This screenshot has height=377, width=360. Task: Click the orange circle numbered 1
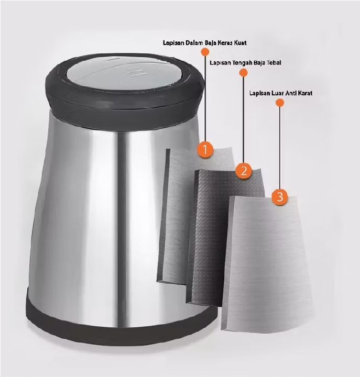[x=205, y=149]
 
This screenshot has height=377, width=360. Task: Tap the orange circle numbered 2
[x=244, y=171]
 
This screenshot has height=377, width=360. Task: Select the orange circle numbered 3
[x=280, y=197]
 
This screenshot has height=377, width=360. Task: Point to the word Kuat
[x=240, y=43]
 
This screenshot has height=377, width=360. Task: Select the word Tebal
[x=274, y=63]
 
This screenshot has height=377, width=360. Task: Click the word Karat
[x=305, y=93]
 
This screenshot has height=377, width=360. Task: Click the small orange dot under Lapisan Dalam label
[x=204, y=52]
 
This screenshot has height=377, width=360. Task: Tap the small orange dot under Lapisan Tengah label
[x=244, y=72]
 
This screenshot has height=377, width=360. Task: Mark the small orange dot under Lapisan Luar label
[x=280, y=103]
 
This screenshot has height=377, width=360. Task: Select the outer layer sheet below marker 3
[x=267, y=264]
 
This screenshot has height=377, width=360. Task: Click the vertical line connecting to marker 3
[x=280, y=148]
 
